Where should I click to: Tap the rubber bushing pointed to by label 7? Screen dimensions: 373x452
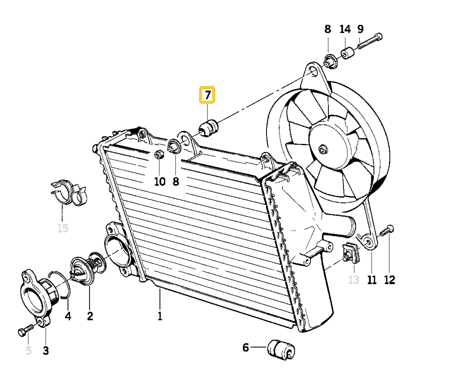210,128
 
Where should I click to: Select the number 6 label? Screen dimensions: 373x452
246,348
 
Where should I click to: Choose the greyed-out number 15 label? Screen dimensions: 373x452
63,228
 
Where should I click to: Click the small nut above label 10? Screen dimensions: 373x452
159,155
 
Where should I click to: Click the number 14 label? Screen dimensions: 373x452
345,29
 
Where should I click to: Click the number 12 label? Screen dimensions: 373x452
389,280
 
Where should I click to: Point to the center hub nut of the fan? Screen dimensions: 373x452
323,150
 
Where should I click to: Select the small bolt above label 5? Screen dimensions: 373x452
26,330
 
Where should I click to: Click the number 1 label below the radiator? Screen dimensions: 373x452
160,316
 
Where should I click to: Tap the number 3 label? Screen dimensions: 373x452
45,351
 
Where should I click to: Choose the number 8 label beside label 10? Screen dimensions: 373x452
176,181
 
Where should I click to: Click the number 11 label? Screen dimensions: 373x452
371,280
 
